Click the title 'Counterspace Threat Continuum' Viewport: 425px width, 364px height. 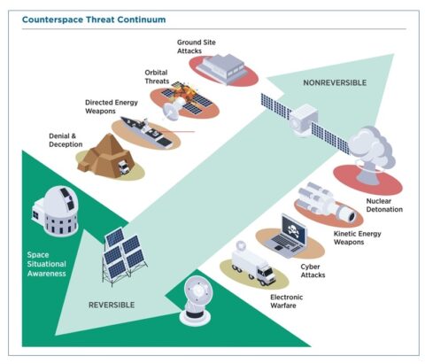[x=92, y=17]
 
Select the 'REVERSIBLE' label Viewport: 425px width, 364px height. [x=112, y=304]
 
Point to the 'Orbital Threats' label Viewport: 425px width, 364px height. [x=158, y=77]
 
